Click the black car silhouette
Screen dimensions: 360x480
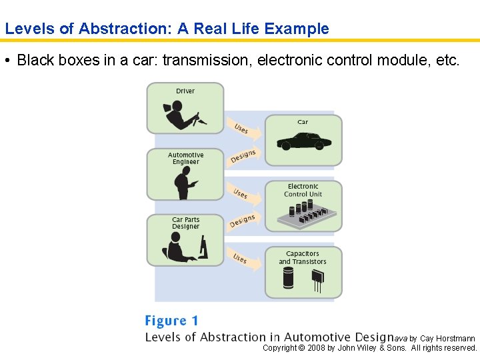[304, 141]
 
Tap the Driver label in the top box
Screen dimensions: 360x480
[185, 91]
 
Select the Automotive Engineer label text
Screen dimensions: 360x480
[185, 159]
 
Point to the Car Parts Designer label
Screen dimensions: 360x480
[185, 223]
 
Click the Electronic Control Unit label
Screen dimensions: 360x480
[303, 191]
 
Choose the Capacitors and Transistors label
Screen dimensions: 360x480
[303, 257]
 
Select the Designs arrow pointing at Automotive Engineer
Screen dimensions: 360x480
[243, 156]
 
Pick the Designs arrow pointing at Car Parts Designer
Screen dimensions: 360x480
[243, 221]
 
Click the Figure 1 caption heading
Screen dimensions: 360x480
[171, 321]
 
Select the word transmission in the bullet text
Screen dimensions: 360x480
[207, 60]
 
